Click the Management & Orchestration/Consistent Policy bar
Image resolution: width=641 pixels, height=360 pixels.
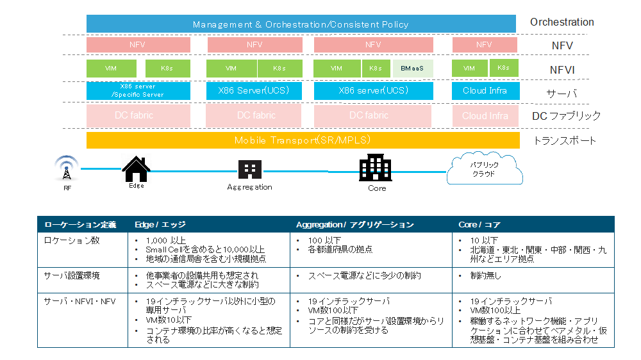pos(301,24)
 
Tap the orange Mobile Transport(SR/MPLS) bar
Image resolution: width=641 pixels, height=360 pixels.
pos(303,140)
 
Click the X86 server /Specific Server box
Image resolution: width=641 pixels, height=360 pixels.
pos(138,90)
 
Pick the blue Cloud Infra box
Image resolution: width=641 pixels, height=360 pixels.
pos(484,90)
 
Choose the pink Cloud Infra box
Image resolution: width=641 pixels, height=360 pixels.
pos(484,116)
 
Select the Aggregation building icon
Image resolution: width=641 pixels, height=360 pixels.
pos(249,169)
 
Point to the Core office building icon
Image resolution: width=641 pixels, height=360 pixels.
pos(376,168)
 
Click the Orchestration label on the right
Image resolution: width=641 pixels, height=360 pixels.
pos(562,22)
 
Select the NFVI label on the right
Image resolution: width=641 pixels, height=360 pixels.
pos(562,69)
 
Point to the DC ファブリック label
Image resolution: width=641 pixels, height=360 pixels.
pos(566,116)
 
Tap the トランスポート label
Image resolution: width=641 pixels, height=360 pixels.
pos(565,141)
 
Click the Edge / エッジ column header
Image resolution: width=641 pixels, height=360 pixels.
pos(160,225)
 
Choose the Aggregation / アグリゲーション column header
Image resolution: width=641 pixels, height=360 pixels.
pos(354,225)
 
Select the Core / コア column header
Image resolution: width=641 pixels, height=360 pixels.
pos(479,225)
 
